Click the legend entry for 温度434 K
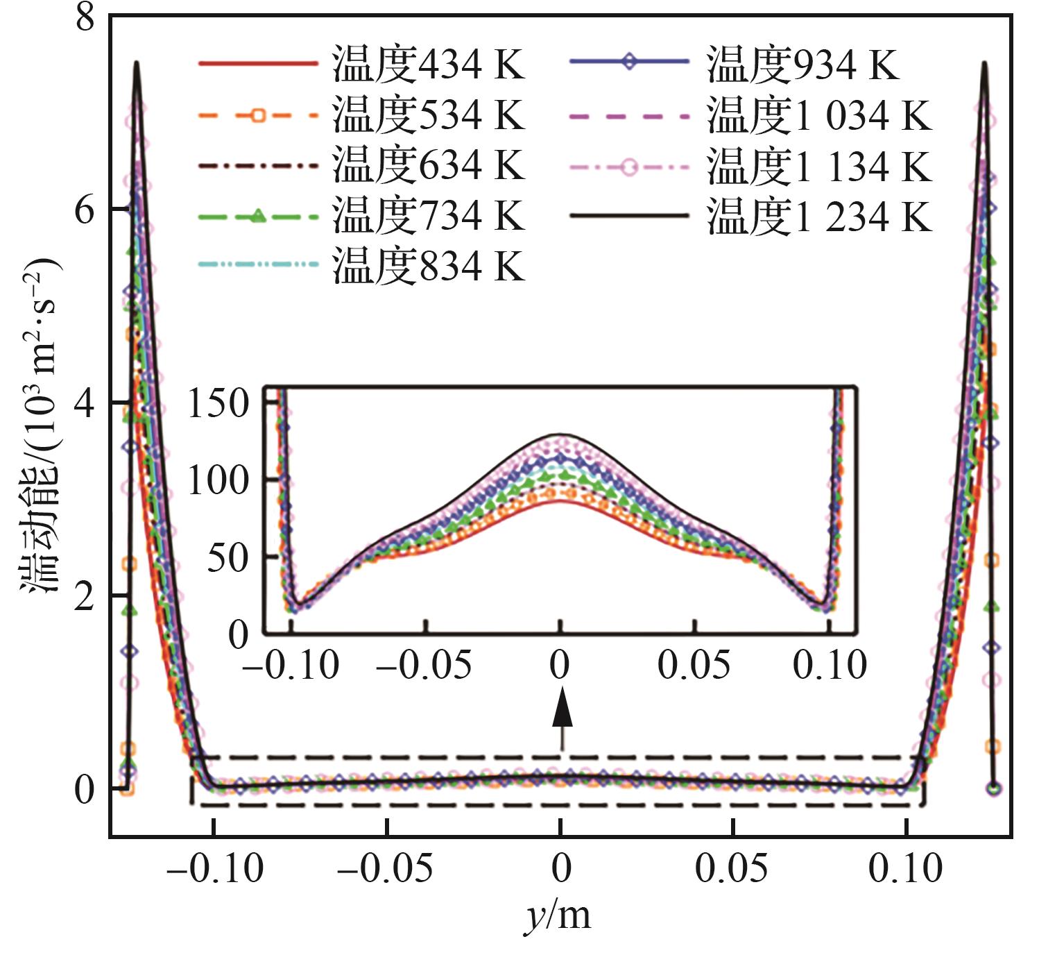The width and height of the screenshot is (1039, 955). [361, 64]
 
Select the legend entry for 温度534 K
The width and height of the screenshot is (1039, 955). [361, 115]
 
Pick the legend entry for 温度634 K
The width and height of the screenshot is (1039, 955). [361, 165]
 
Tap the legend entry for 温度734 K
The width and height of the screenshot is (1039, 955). [361, 216]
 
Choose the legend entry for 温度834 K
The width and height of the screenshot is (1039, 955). [361, 266]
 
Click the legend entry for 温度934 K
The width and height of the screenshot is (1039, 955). [735, 64]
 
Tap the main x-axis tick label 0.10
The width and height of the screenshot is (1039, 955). [906, 868]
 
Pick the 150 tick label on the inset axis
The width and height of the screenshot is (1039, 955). [219, 403]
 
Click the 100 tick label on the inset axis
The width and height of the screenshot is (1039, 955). [219, 480]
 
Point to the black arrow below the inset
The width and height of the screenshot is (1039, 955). [562, 715]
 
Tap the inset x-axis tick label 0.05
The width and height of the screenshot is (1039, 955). [694, 665]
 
